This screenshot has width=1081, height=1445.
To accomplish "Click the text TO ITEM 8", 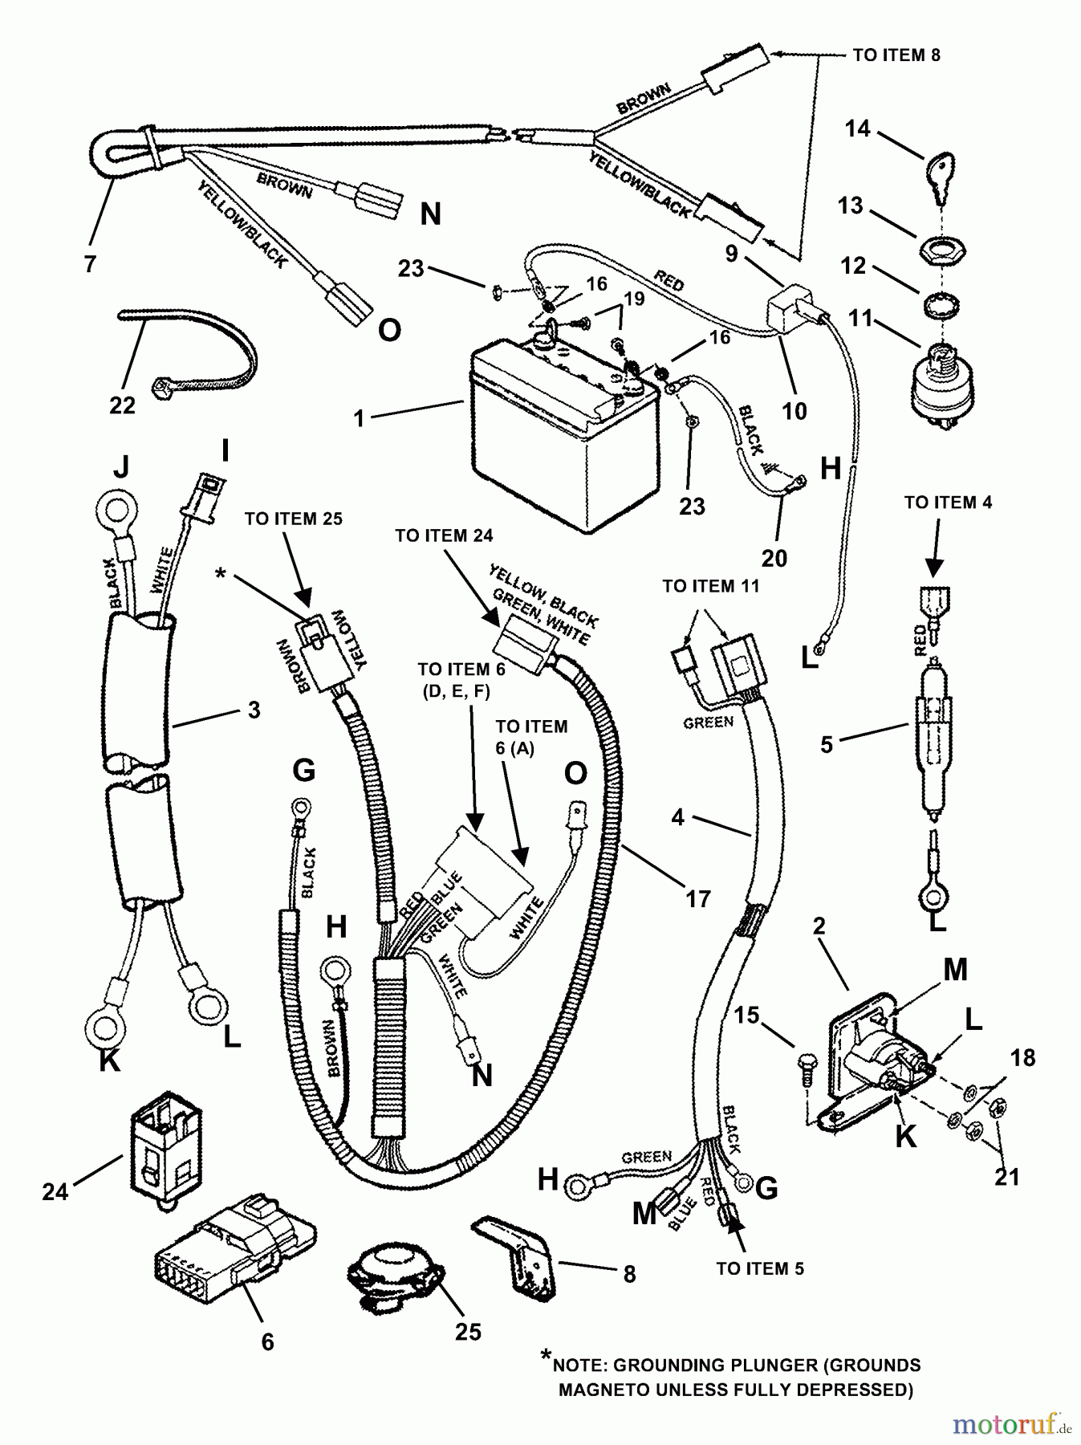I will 896,55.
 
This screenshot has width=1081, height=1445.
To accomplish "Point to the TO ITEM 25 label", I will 293,519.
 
